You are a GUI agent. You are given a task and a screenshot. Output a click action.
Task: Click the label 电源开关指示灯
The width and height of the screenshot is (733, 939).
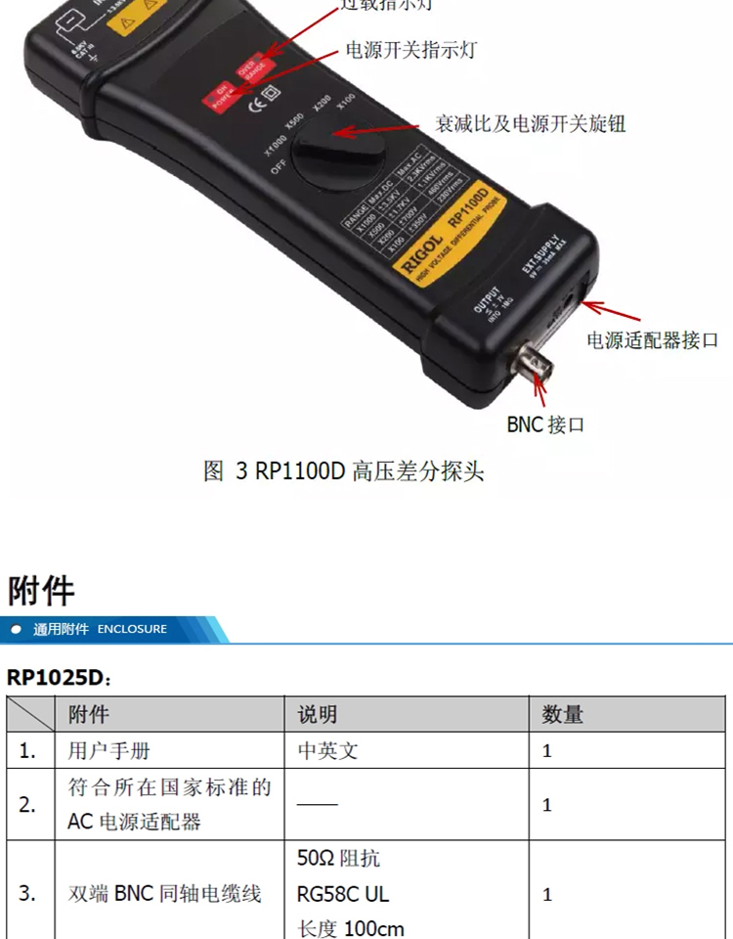(411, 50)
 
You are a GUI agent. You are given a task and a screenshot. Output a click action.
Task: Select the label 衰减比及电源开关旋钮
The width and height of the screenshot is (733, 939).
(530, 124)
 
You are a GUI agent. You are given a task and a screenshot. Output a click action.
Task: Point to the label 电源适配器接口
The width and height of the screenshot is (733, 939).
(652, 340)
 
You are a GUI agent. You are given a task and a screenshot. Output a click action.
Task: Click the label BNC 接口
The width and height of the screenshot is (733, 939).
(545, 425)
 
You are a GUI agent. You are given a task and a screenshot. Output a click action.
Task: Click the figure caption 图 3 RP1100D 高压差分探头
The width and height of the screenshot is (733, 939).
(344, 471)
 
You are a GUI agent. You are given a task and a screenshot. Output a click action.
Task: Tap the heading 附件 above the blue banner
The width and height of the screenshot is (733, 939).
(41, 591)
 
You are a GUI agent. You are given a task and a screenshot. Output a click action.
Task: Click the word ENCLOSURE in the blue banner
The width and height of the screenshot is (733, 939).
(132, 629)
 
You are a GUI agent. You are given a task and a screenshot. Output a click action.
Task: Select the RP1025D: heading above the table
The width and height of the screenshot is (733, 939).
(60, 677)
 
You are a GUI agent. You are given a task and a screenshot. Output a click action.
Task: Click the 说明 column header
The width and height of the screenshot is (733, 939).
(318, 714)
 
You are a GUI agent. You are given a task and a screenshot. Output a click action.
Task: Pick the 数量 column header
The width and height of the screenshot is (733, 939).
(562, 714)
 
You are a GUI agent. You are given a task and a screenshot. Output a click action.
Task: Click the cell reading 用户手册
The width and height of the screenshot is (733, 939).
(109, 750)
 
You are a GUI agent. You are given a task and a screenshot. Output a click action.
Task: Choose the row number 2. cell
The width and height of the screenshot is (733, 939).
(27, 804)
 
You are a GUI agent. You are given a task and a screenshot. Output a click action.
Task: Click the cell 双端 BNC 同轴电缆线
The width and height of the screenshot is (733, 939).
(164, 893)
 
